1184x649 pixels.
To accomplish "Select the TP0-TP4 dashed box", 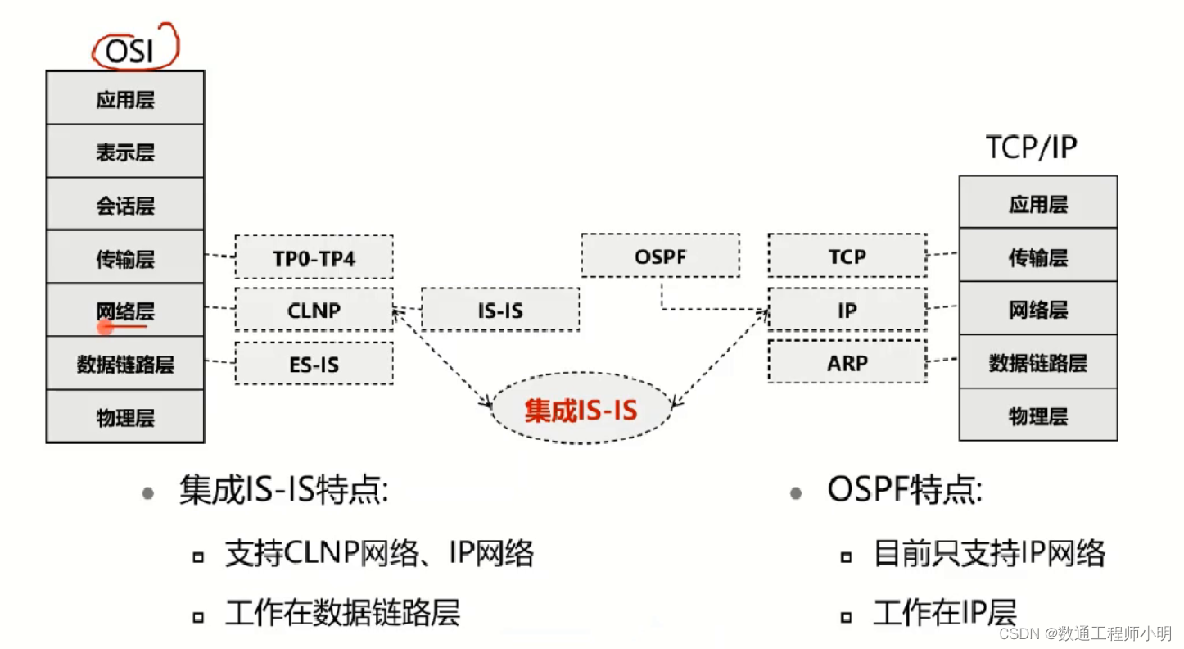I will coord(314,258).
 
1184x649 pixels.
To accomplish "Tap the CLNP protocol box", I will coord(314,311).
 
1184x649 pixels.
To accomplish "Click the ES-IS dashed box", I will coord(314,364).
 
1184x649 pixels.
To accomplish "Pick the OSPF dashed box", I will coord(660,256).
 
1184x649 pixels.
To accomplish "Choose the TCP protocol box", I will coord(847,256).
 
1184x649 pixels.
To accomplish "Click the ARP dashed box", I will coord(847,362).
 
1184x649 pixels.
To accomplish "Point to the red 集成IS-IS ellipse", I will coord(581,409).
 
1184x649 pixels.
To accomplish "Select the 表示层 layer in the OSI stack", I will coord(125,152).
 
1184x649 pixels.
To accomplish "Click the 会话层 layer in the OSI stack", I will coord(125,205).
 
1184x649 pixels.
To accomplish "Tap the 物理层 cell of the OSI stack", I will coord(125,418).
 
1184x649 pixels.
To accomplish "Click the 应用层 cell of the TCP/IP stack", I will coord(1037,203).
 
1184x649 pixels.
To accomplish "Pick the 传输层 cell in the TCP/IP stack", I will coord(1037,257).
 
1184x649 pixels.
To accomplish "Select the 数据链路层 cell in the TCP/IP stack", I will coord(1037,362).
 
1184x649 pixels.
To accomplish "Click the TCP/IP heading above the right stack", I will coord(1031,147).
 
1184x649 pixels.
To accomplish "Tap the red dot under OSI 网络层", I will coord(105,328).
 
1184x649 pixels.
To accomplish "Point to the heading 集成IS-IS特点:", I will coord(282,492).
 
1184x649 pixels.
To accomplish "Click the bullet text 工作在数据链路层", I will coord(342,613).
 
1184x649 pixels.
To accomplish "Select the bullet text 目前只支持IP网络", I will coord(989,554).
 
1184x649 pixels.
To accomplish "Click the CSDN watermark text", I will coord(1086,633).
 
